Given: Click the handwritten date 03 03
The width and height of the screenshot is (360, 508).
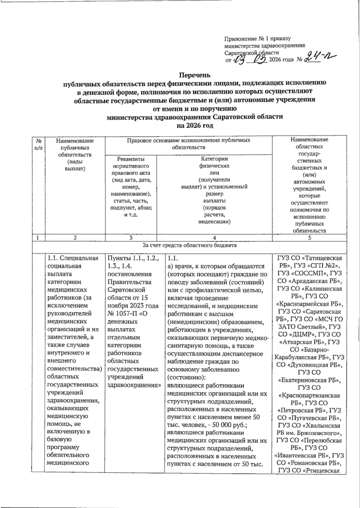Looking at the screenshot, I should coord(251,60).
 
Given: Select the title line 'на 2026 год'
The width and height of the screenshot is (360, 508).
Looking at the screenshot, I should coord(195,126).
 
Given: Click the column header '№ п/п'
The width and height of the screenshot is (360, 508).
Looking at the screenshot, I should coord(38,144).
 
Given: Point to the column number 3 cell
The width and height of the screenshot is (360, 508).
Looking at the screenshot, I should coord(131,238).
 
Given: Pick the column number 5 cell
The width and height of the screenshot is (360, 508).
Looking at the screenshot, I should coord(309,238).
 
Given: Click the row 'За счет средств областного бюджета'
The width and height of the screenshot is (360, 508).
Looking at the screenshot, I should coord(189,245).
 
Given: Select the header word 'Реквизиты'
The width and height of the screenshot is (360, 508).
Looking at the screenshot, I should coord(131,159).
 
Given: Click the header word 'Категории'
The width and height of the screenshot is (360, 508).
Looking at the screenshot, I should coord(214,159).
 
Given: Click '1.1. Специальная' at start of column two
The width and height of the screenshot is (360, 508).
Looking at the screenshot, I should coord(73,258).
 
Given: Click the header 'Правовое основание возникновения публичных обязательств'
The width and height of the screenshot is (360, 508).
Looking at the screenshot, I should coord(188,144).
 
